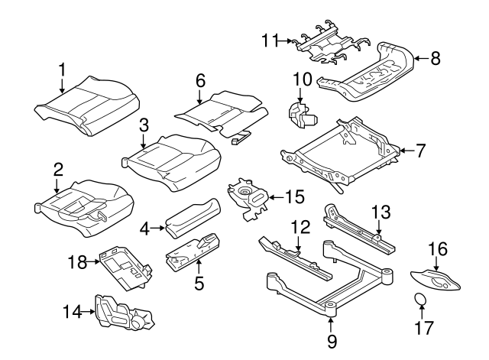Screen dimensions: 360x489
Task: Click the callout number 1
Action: tap(63, 71)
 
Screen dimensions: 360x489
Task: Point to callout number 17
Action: tap(423, 329)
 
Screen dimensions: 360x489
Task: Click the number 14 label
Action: tap(71, 311)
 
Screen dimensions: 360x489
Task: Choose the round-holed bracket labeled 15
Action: tap(250, 198)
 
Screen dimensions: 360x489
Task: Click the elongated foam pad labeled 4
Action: tap(192, 216)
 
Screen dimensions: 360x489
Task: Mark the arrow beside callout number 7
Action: tap(404, 151)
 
